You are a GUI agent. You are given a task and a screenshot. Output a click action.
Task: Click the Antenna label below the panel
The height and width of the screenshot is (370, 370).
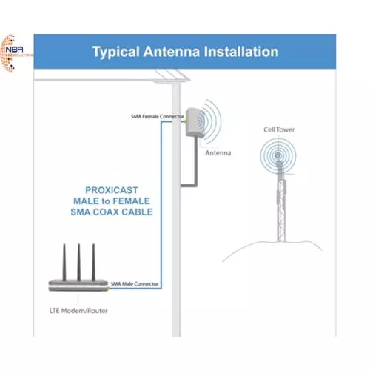click(x=218, y=153)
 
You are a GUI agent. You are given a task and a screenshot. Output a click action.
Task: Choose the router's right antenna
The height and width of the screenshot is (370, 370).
click(x=94, y=257)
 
